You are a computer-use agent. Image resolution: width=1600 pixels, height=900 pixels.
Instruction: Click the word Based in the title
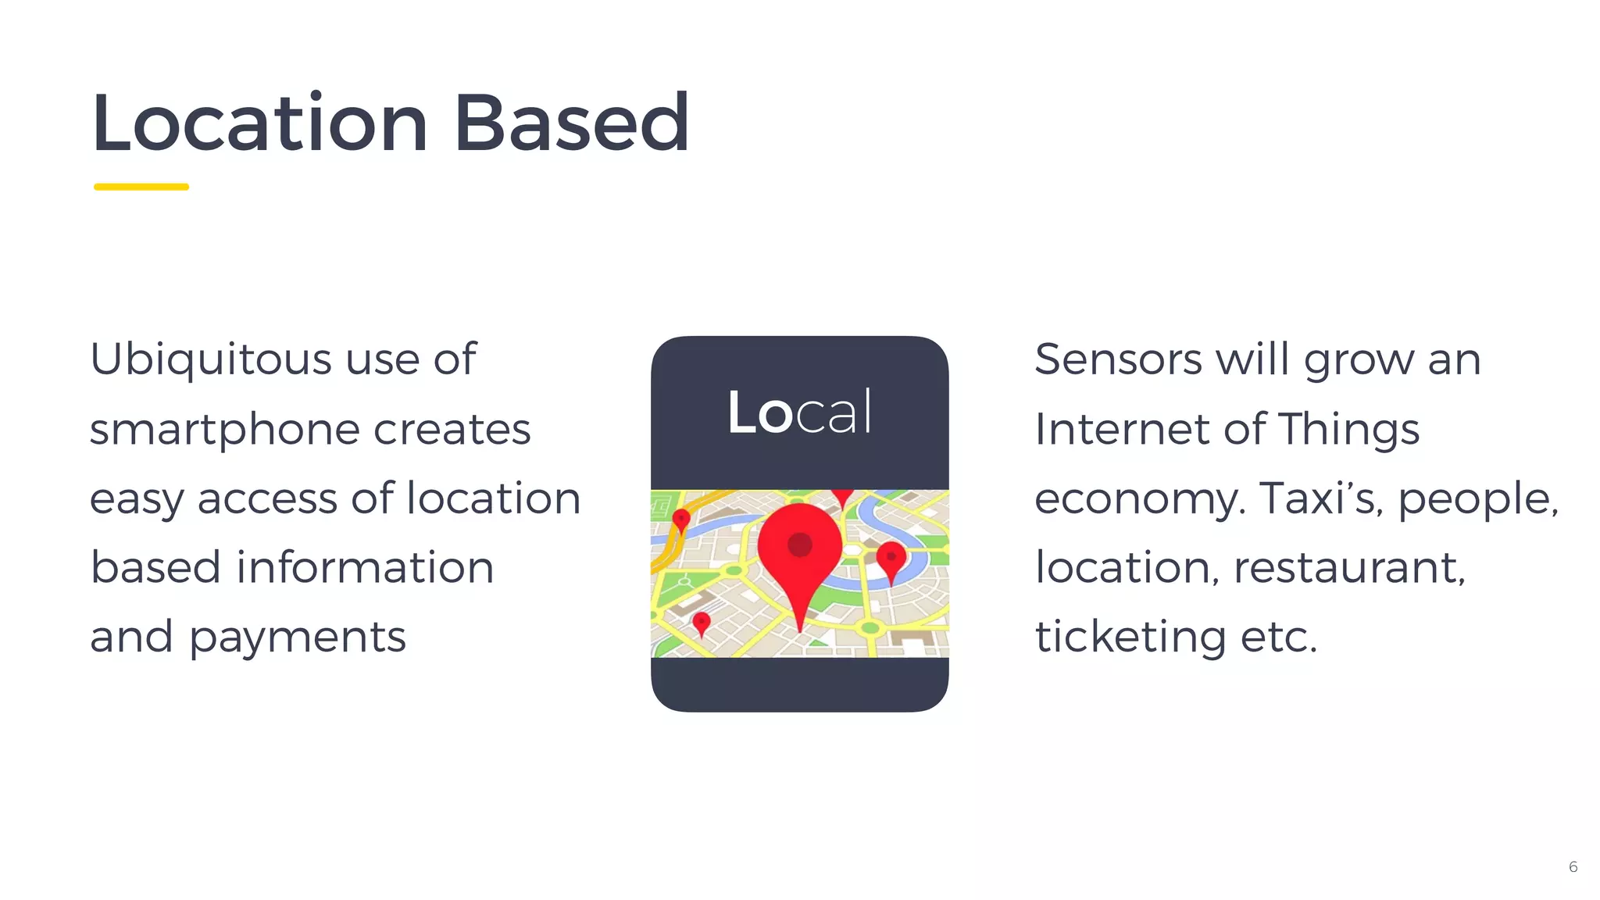pyautogui.click(x=571, y=123)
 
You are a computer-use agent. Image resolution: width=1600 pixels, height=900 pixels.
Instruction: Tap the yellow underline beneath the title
pyautogui.click(x=141, y=187)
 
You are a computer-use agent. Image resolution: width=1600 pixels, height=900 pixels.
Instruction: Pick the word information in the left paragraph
pyautogui.click(x=365, y=568)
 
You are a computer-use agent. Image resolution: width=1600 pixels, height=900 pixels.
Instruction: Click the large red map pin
pyautogui.click(x=799, y=547)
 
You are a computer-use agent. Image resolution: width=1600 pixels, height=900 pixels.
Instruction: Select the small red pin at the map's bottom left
pyautogui.click(x=702, y=623)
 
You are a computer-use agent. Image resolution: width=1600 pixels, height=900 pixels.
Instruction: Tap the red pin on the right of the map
pyautogui.click(x=891, y=558)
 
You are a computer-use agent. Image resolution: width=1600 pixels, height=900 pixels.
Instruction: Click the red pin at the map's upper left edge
pyautogui.click(x=681, y=519)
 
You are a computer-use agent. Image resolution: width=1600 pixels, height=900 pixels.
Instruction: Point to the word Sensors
pyautogui.click(x=1118, y=360)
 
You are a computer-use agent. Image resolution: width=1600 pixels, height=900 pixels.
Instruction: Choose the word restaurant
pyautogui.click(x=1349, y=568)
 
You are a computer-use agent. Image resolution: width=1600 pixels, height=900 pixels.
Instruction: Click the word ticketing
pyautogui.click(x=1130, y=637)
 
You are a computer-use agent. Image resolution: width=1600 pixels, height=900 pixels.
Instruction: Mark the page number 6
pyautogui.click(x=1573, y=867)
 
